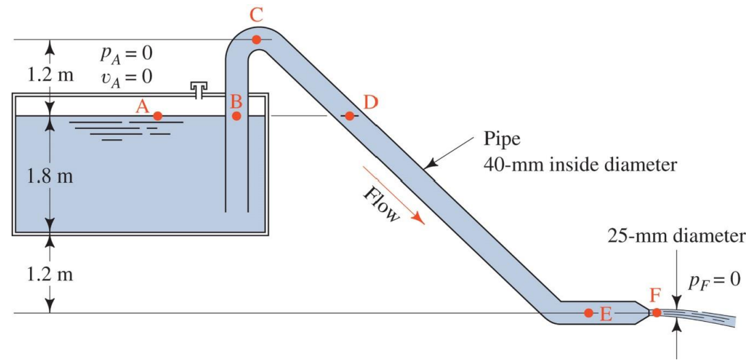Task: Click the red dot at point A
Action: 157,116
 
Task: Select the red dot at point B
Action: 237,116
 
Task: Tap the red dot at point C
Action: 256,40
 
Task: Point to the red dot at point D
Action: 349,116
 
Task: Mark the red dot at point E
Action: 588,313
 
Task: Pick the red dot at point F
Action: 656,313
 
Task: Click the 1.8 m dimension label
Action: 49,175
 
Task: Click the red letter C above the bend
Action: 256,14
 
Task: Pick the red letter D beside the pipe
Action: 370,102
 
